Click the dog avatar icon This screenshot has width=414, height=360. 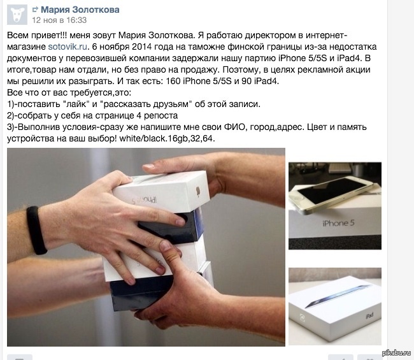(17, 15)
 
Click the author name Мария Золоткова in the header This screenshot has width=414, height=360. (80, 10)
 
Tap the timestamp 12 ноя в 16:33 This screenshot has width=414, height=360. (59, 20)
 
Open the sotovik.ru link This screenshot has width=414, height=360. (68, 47)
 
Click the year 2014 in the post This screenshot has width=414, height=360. (142, 47)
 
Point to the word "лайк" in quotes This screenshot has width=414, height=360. (76, 104)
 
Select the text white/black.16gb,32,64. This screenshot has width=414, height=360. (167, 138)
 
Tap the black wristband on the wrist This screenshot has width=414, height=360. (36, 230)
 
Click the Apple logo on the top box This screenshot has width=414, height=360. (197, 191)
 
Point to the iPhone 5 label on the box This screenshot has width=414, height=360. (338, 223)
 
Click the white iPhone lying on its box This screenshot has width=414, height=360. (331, 194)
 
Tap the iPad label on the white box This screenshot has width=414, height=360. (369, 315)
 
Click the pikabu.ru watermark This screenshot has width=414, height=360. (397, 352)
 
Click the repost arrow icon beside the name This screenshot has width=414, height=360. (35, 10)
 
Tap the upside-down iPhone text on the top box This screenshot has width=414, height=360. (145, 200)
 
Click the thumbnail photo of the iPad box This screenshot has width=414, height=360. (335, 306)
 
